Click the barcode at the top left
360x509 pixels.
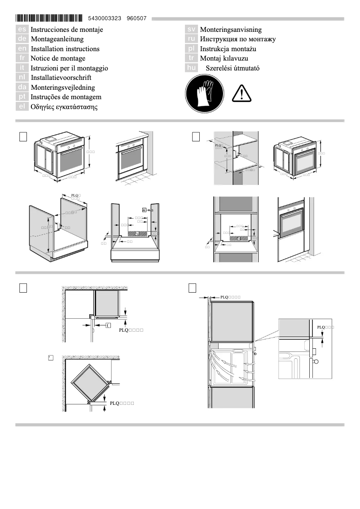click(49, 18)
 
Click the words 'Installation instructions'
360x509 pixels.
click(65, 48)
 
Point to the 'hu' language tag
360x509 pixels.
click(192, 68)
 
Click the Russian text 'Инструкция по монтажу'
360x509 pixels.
click(238, 39)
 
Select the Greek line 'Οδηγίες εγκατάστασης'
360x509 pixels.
click(64, 107)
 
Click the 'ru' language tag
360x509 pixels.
click(192, 39)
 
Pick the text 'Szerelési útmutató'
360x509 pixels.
click(233, 68)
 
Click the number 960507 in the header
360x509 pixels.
click(136, 18)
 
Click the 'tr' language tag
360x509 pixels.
click(192, 58)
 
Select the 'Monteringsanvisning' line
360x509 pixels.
click(231, 29)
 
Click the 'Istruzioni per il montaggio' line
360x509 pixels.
click(69, 68)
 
